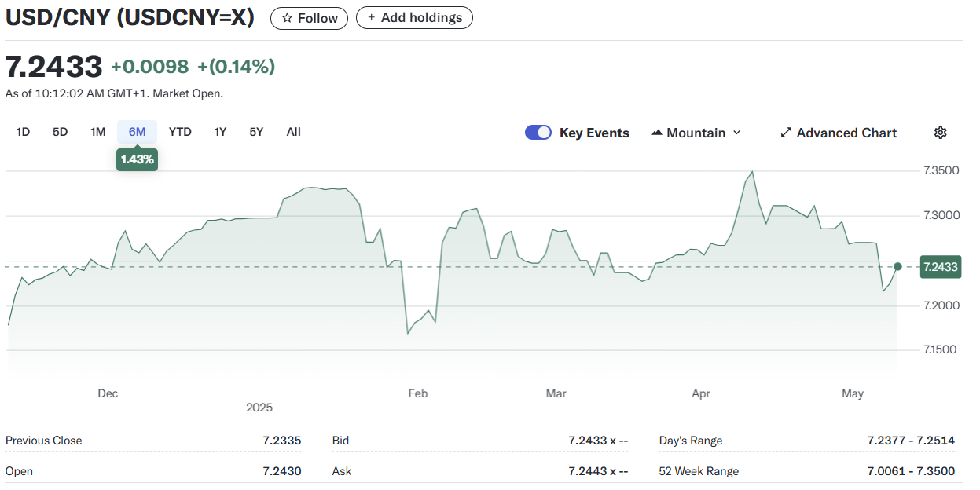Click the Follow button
point(309,18)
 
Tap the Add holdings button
point(414,17)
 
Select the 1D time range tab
point(23,132)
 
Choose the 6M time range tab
point(137,132)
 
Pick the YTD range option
point(180,132)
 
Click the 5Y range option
point(256,132)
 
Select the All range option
point(294,132)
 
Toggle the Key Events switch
point(538,133)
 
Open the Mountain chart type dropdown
point(696,133)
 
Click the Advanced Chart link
point(839,133)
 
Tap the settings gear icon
point(940,133)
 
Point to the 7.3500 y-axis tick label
point(941,170)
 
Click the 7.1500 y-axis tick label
point(940,349)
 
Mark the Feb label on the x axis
point(418,393)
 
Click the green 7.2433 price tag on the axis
point(941,267)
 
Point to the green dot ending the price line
point(897,267)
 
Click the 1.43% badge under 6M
point(137,159)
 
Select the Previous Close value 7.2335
point(282,441)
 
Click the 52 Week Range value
point(911,471)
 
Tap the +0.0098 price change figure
point(149,67)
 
